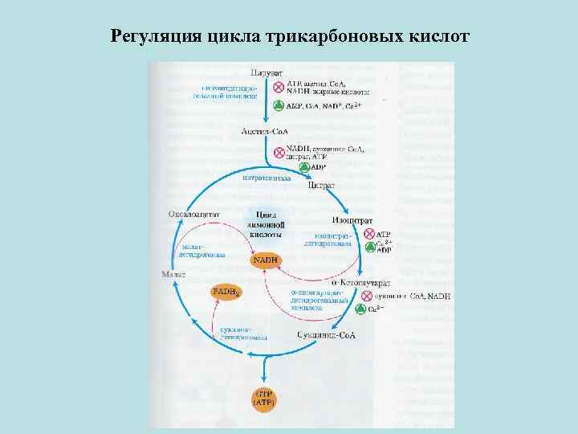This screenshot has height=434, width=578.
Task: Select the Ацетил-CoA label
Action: (265, 131)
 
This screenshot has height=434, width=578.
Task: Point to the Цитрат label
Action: (321, 185)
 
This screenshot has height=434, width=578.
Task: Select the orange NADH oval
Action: (266, 261)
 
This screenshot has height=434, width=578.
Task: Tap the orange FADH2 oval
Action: (226, 292)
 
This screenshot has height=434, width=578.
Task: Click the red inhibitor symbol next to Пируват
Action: (279, 88)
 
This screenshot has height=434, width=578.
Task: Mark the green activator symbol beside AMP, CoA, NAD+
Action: (279, 106)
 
